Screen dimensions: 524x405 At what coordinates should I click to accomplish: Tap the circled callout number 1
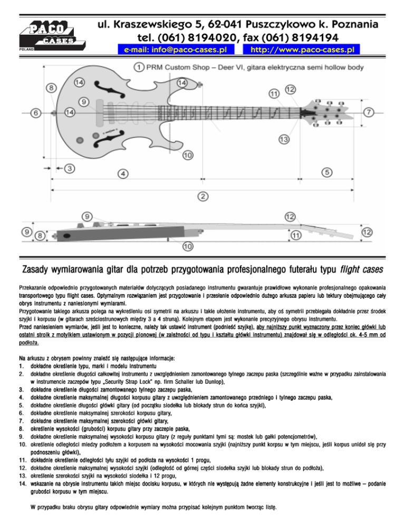pos(137,67)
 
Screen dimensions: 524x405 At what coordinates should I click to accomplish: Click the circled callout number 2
pos(202,196)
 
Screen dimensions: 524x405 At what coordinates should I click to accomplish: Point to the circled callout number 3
pos(70,168)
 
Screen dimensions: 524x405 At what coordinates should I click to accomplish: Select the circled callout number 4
pos(122,173)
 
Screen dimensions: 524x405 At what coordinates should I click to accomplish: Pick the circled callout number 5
pos(327,172)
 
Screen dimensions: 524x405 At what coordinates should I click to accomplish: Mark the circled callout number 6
pos(35,113)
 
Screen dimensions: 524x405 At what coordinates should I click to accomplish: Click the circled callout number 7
pos(368,112)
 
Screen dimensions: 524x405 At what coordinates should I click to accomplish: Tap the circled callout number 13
pos(284,139)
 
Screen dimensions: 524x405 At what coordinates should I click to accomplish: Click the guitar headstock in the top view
pos(326,110)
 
